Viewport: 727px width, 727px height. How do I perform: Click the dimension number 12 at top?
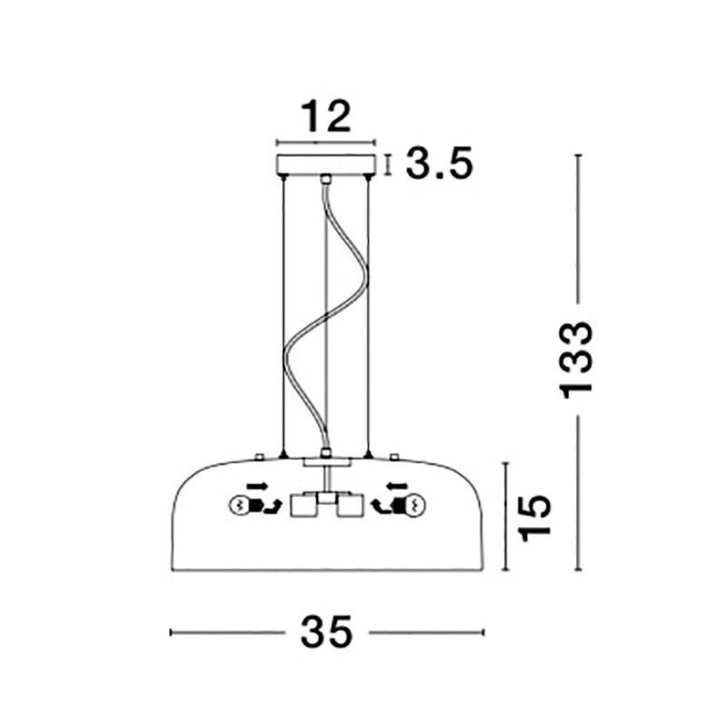point(325,116)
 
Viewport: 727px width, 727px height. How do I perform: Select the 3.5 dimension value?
point(439,163)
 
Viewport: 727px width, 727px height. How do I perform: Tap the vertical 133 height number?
point(576,360)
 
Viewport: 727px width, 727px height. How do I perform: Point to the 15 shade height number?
point(535,517)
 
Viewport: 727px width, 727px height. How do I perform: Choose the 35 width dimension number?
point(326,632)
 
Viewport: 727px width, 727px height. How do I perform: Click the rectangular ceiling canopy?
point(325,164)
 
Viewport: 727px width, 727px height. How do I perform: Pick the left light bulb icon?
point(240,505)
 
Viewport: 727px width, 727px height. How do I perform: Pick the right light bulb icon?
point(415,505)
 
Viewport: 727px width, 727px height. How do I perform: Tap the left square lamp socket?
point(304,506)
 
